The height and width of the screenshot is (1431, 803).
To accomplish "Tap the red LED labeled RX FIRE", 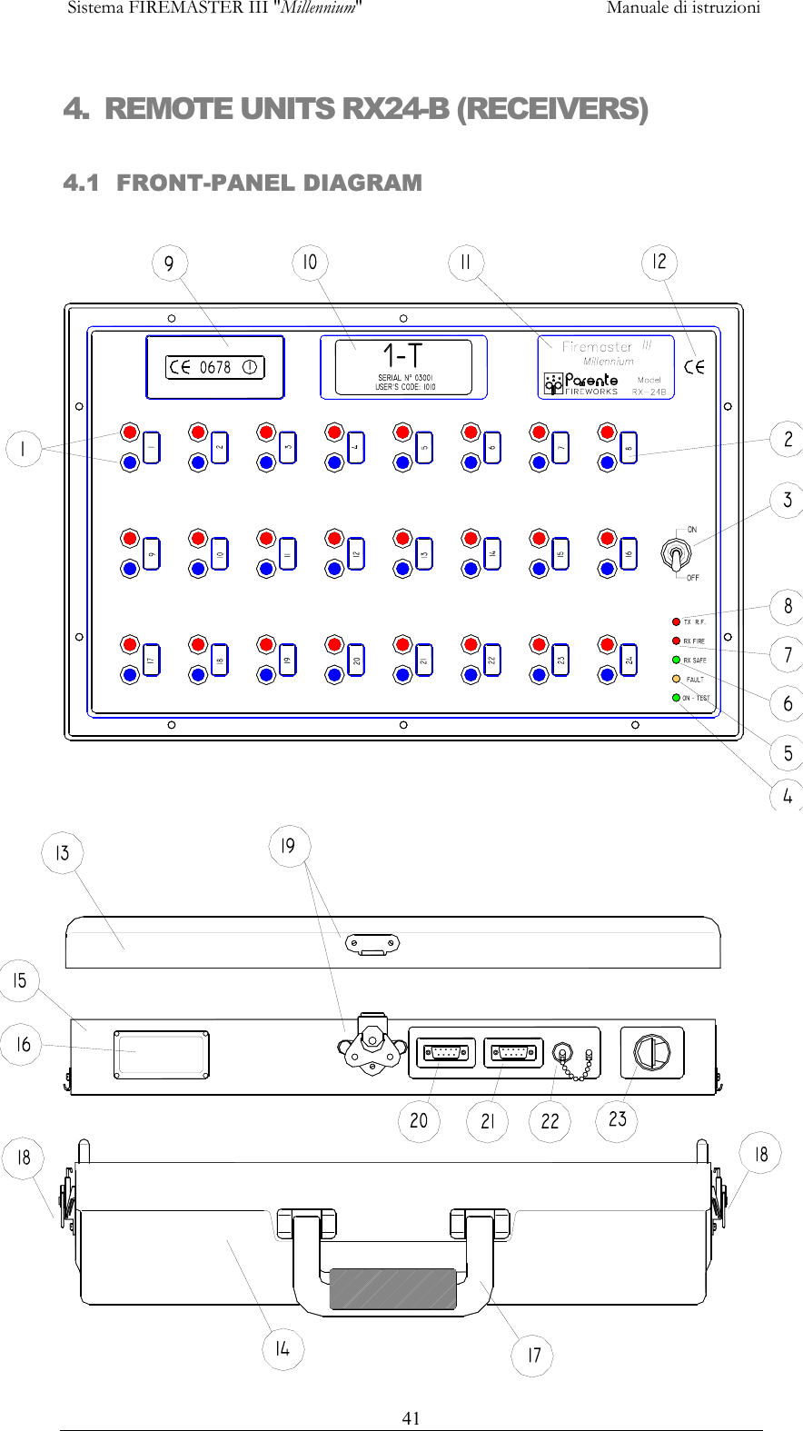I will click(676, 641).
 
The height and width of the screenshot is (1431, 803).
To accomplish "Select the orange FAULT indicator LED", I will click(676, 679).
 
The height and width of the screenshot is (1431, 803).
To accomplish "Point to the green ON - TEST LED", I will click(676, 698).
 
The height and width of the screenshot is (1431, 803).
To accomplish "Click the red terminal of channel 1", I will click(130, 432).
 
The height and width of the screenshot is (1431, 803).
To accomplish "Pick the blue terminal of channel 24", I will click(608, 674).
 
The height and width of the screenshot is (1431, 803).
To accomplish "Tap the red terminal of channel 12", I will click(334, 538).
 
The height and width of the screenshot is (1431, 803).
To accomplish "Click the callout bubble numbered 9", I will click(169, 264).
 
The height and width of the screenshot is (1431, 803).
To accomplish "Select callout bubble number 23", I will click(618, 1119).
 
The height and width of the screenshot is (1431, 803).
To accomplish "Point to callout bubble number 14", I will click(283, 1349).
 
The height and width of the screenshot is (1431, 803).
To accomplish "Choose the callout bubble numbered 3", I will click(788, 500).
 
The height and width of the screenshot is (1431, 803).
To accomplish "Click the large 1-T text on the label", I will click(402, 355).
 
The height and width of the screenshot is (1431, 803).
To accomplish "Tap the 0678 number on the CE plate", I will click(215, 367).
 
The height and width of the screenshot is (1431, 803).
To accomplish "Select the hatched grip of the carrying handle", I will click(392, 1288).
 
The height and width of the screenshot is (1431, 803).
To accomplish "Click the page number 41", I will click(411, 1418).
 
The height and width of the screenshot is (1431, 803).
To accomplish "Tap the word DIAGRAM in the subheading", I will click(362, 183).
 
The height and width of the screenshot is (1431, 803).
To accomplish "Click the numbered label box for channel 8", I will click(629, 448).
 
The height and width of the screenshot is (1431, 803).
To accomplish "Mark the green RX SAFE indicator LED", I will click(676, 660).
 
